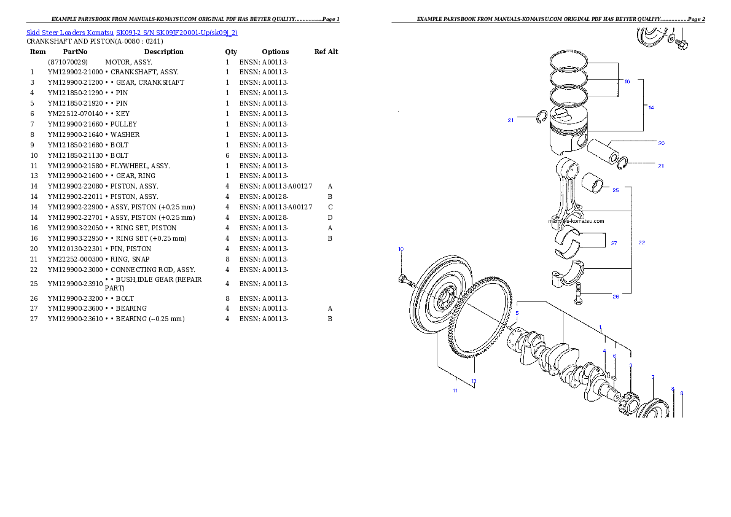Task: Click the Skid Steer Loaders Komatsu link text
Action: click(x=131, y=32)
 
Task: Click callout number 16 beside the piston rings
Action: click(x=627, y=81)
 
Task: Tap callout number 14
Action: click(x=651, y=107)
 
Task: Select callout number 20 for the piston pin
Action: click(x=661, y=143)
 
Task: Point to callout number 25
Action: click(x=616, y=190)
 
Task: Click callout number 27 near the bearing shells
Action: click(x=614, y=243)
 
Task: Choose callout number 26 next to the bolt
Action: click(x=615, y=296)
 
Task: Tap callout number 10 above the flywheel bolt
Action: click(x=401, y=249)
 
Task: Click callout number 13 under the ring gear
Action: click(x=474, y=381)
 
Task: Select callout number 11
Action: click(x=455, y=390)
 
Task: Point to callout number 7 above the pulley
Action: click(x=653, y=377)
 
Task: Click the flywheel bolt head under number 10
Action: click(x=402, y=281)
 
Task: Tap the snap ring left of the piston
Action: click(x=541, y=117)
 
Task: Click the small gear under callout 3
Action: click(x=628, y=403)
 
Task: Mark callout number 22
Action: click(x=641, y=243)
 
